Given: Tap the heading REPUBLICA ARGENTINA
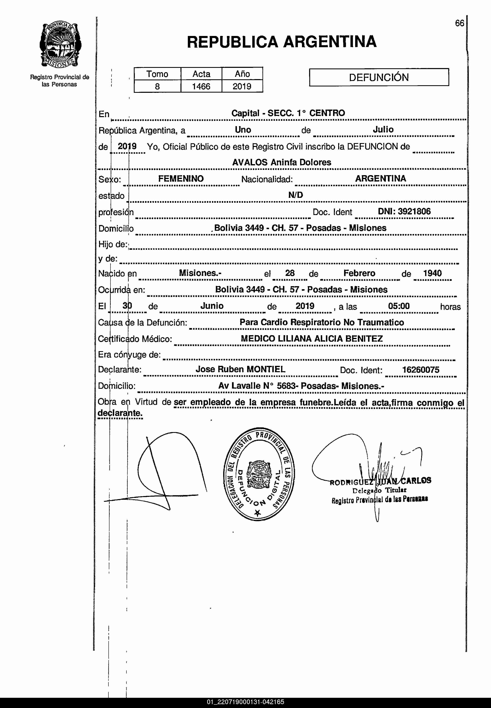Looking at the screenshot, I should [x=282, y=42].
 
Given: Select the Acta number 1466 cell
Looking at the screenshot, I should [x=201, y=86].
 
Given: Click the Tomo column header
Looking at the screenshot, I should [x=157, y=74].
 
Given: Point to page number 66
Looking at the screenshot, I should [x=459, y=23].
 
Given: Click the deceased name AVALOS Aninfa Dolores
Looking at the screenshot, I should [x=282, y=162].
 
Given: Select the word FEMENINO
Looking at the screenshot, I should [x=181, y=179].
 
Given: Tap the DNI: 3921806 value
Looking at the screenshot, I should [x=404, y=211].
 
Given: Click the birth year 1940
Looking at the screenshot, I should [x=432, y=273].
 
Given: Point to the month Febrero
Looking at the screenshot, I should [x=359, y=273].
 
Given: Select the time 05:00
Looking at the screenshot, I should [x=399, y=306].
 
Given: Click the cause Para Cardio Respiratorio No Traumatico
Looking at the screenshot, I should [x=321, y=322].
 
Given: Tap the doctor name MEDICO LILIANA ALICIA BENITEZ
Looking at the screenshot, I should [x=312, y=339].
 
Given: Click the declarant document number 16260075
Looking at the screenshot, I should [x=421, y=370].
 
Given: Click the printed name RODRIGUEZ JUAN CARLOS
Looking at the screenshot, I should [x=380, y=481].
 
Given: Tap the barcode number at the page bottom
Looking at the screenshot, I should [x=245, y=702].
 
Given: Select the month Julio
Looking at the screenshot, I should [x=383, y=129].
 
